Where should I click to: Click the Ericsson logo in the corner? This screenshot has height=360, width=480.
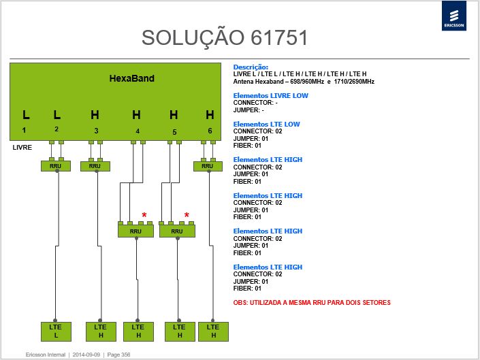click(454, 16)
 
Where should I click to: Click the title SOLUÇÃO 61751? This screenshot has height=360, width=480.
click(225, 38)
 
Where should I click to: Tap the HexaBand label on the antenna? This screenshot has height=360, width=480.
click(131, 78)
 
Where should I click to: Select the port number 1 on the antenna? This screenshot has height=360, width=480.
click(24, 130)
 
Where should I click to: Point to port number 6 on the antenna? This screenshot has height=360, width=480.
click(210, 131)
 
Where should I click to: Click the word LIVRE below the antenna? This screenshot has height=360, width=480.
click(22, 148)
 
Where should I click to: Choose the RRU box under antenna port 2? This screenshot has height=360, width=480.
click(56, 166)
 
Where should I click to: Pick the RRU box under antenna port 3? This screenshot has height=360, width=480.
click(95, 166)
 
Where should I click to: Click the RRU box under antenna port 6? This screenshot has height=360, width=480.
click(208, 166)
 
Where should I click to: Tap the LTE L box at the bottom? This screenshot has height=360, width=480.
click(56, 331)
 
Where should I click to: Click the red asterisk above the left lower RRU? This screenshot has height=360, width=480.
click(144, 215)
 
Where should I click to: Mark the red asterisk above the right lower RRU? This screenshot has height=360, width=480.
click(187, 215)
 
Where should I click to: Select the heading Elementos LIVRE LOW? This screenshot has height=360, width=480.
click(270, 96)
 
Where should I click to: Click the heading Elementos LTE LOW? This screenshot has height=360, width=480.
click(266, 124)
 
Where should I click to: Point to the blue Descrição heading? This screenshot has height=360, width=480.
click(251, 67)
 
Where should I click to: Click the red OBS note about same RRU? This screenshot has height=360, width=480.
click(312, 303)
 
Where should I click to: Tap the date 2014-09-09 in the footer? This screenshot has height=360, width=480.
click(86, 355)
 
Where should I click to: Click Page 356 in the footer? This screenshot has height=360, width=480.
click(118, 355)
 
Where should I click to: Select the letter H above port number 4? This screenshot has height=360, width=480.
click(137, 115)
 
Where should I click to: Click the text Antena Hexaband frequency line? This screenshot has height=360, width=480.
click(304, 82)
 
